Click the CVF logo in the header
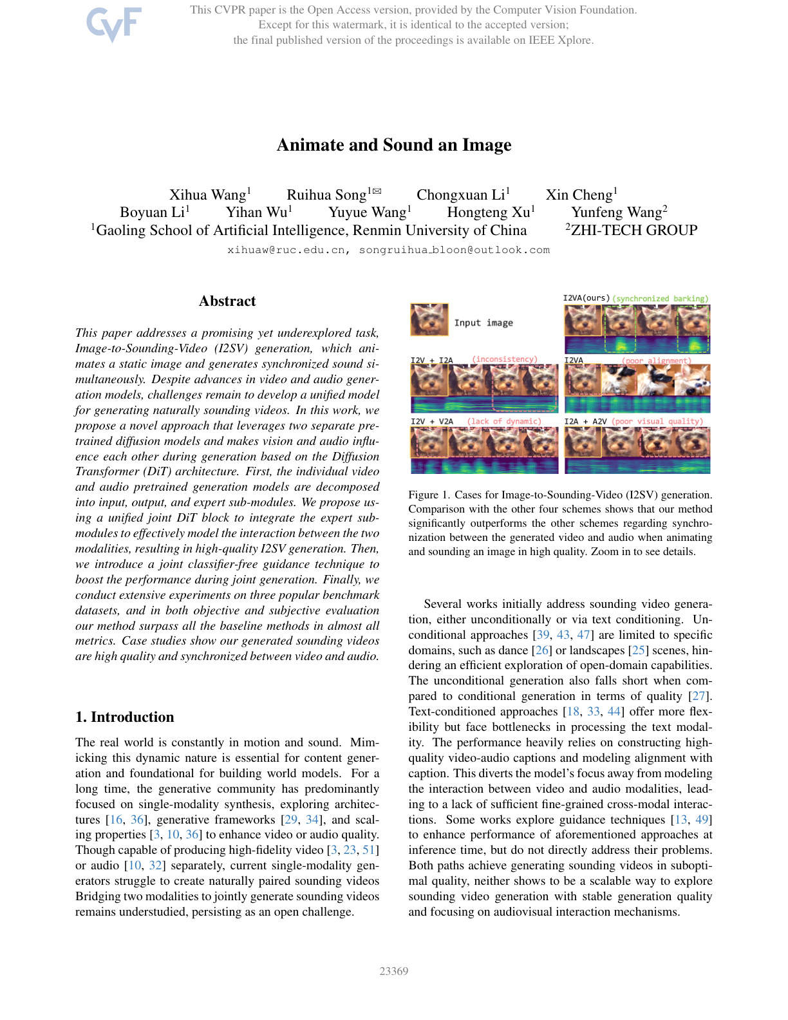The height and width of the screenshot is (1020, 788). pos(114,24)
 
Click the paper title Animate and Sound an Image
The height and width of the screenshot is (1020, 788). pos(394,145)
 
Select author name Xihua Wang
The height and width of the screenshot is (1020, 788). pos(207,195)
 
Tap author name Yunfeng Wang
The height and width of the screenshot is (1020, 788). pos(616,212)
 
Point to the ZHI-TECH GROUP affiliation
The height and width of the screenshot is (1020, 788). pos(633,231)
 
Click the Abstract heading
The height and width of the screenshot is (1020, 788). pos(227,301)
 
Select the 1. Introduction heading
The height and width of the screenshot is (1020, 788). pos(125,717)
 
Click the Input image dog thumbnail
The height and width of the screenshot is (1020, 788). pos(429,320)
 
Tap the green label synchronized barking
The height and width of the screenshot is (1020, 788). pos(660,299)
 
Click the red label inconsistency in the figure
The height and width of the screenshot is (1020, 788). pos(504,359)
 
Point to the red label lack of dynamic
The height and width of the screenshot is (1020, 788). pos(504,422)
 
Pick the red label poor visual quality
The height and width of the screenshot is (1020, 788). pos(657,422)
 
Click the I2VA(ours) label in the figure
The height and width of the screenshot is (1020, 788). pos(586,298)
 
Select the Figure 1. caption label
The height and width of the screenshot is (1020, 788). pos(428,495)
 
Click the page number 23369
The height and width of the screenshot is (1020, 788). pos(394,971)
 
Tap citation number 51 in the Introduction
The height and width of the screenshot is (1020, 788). pos(370,850)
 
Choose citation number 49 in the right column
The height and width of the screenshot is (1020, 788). pos(702,820)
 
